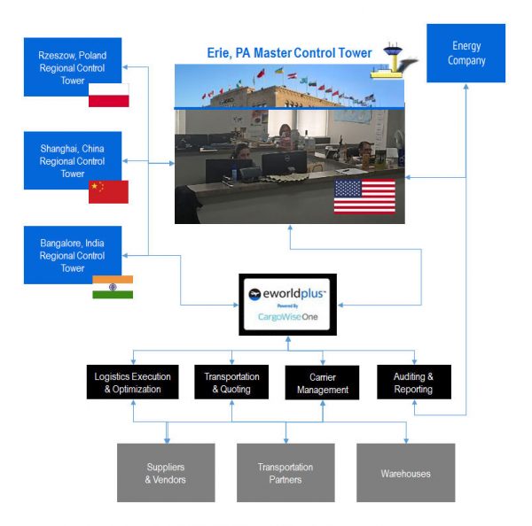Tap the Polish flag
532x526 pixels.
pos(108,95)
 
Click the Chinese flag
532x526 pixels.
pos(108,191)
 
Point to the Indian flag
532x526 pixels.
pos(113,287)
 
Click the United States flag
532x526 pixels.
pos(364,196)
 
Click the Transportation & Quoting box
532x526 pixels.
pos(228,382)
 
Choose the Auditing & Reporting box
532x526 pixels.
pos(413,382)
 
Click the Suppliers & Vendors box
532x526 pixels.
pos(166,473)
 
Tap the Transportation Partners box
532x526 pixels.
pos(286,473)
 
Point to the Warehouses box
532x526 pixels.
pos(405,473)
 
